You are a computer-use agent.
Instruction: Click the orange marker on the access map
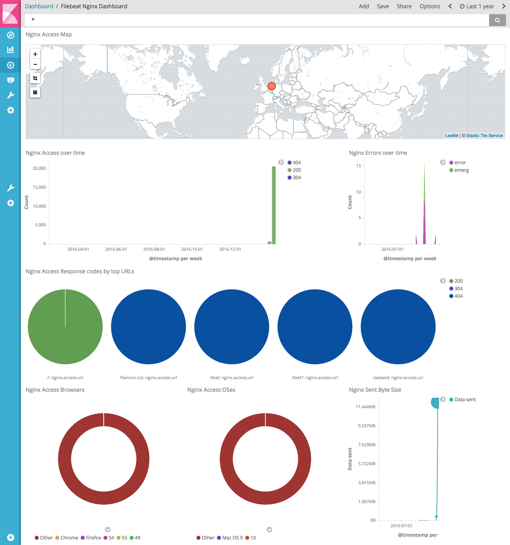coord(272,86)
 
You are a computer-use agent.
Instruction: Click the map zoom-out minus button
coord(35,64)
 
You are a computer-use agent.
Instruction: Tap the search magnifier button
coord(497,20)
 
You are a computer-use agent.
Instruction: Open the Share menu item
coord(404,6)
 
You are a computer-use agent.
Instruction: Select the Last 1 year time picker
coord(477,6)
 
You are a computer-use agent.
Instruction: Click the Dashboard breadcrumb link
coord(39,6)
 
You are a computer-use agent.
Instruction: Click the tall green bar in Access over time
coord(274,205)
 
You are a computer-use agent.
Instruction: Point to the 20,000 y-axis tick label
coord(39,168)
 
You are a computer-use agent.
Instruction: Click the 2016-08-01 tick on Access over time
coord(154,249)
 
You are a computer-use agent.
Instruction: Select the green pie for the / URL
coord(65,327)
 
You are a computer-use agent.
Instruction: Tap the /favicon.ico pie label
coord(148,378)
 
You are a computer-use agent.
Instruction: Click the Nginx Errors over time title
coord(378,153)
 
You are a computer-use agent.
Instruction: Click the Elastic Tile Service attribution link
coord(484,135)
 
